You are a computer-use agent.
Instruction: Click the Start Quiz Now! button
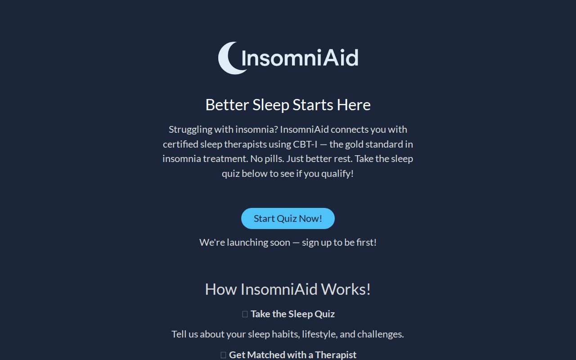[x=288, y=218]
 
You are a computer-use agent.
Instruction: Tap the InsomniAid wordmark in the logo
[x=300, y=58]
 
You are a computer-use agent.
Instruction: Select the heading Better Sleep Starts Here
[x=288, y=104]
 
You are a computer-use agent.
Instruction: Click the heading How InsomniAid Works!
[x=288, y=289]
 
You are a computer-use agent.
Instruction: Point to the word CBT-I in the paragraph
[x=305, y=144]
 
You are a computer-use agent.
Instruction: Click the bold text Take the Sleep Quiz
[x=292, y=314]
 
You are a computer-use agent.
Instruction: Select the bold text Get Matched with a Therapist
[x=292, y=355]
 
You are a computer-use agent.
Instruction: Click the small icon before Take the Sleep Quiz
[x=245, y=314]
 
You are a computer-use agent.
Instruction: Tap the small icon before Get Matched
[x=223, y=355]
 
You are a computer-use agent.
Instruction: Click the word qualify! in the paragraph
[x=337, y=174]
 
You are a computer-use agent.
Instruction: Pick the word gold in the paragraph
[x=354, y=144]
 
